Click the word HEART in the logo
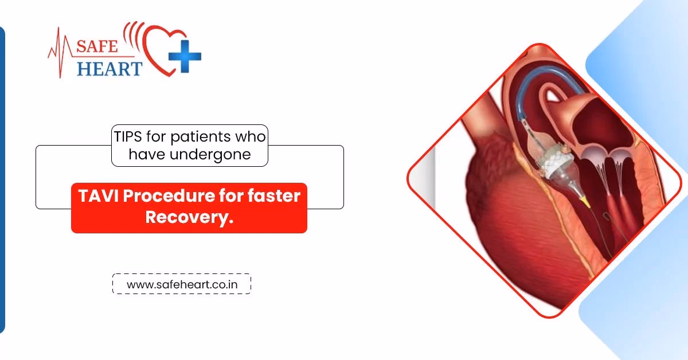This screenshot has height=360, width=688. coord(110,69)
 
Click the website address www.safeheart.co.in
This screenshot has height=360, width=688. coord(181,284)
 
